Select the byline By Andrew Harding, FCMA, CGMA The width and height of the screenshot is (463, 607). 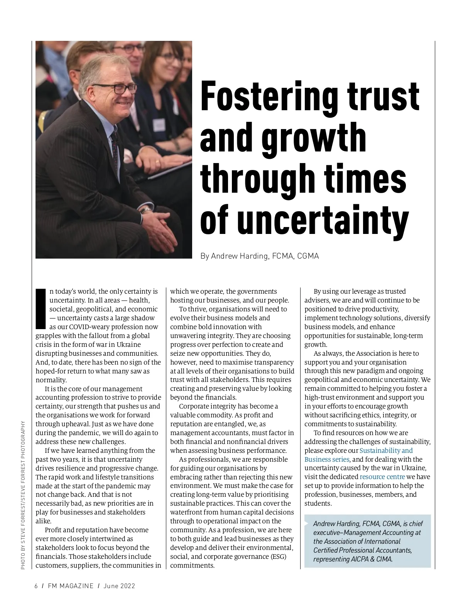pos(259,256)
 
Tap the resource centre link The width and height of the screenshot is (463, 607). pos(382,477)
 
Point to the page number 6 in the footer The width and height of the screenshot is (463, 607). pos(36,586)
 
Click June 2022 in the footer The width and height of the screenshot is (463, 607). pos(119,586)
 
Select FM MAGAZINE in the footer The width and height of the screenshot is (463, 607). pos(71,586)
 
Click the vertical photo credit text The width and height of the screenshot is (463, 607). pos(23,495)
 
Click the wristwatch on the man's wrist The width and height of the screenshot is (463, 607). pos(145,210)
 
